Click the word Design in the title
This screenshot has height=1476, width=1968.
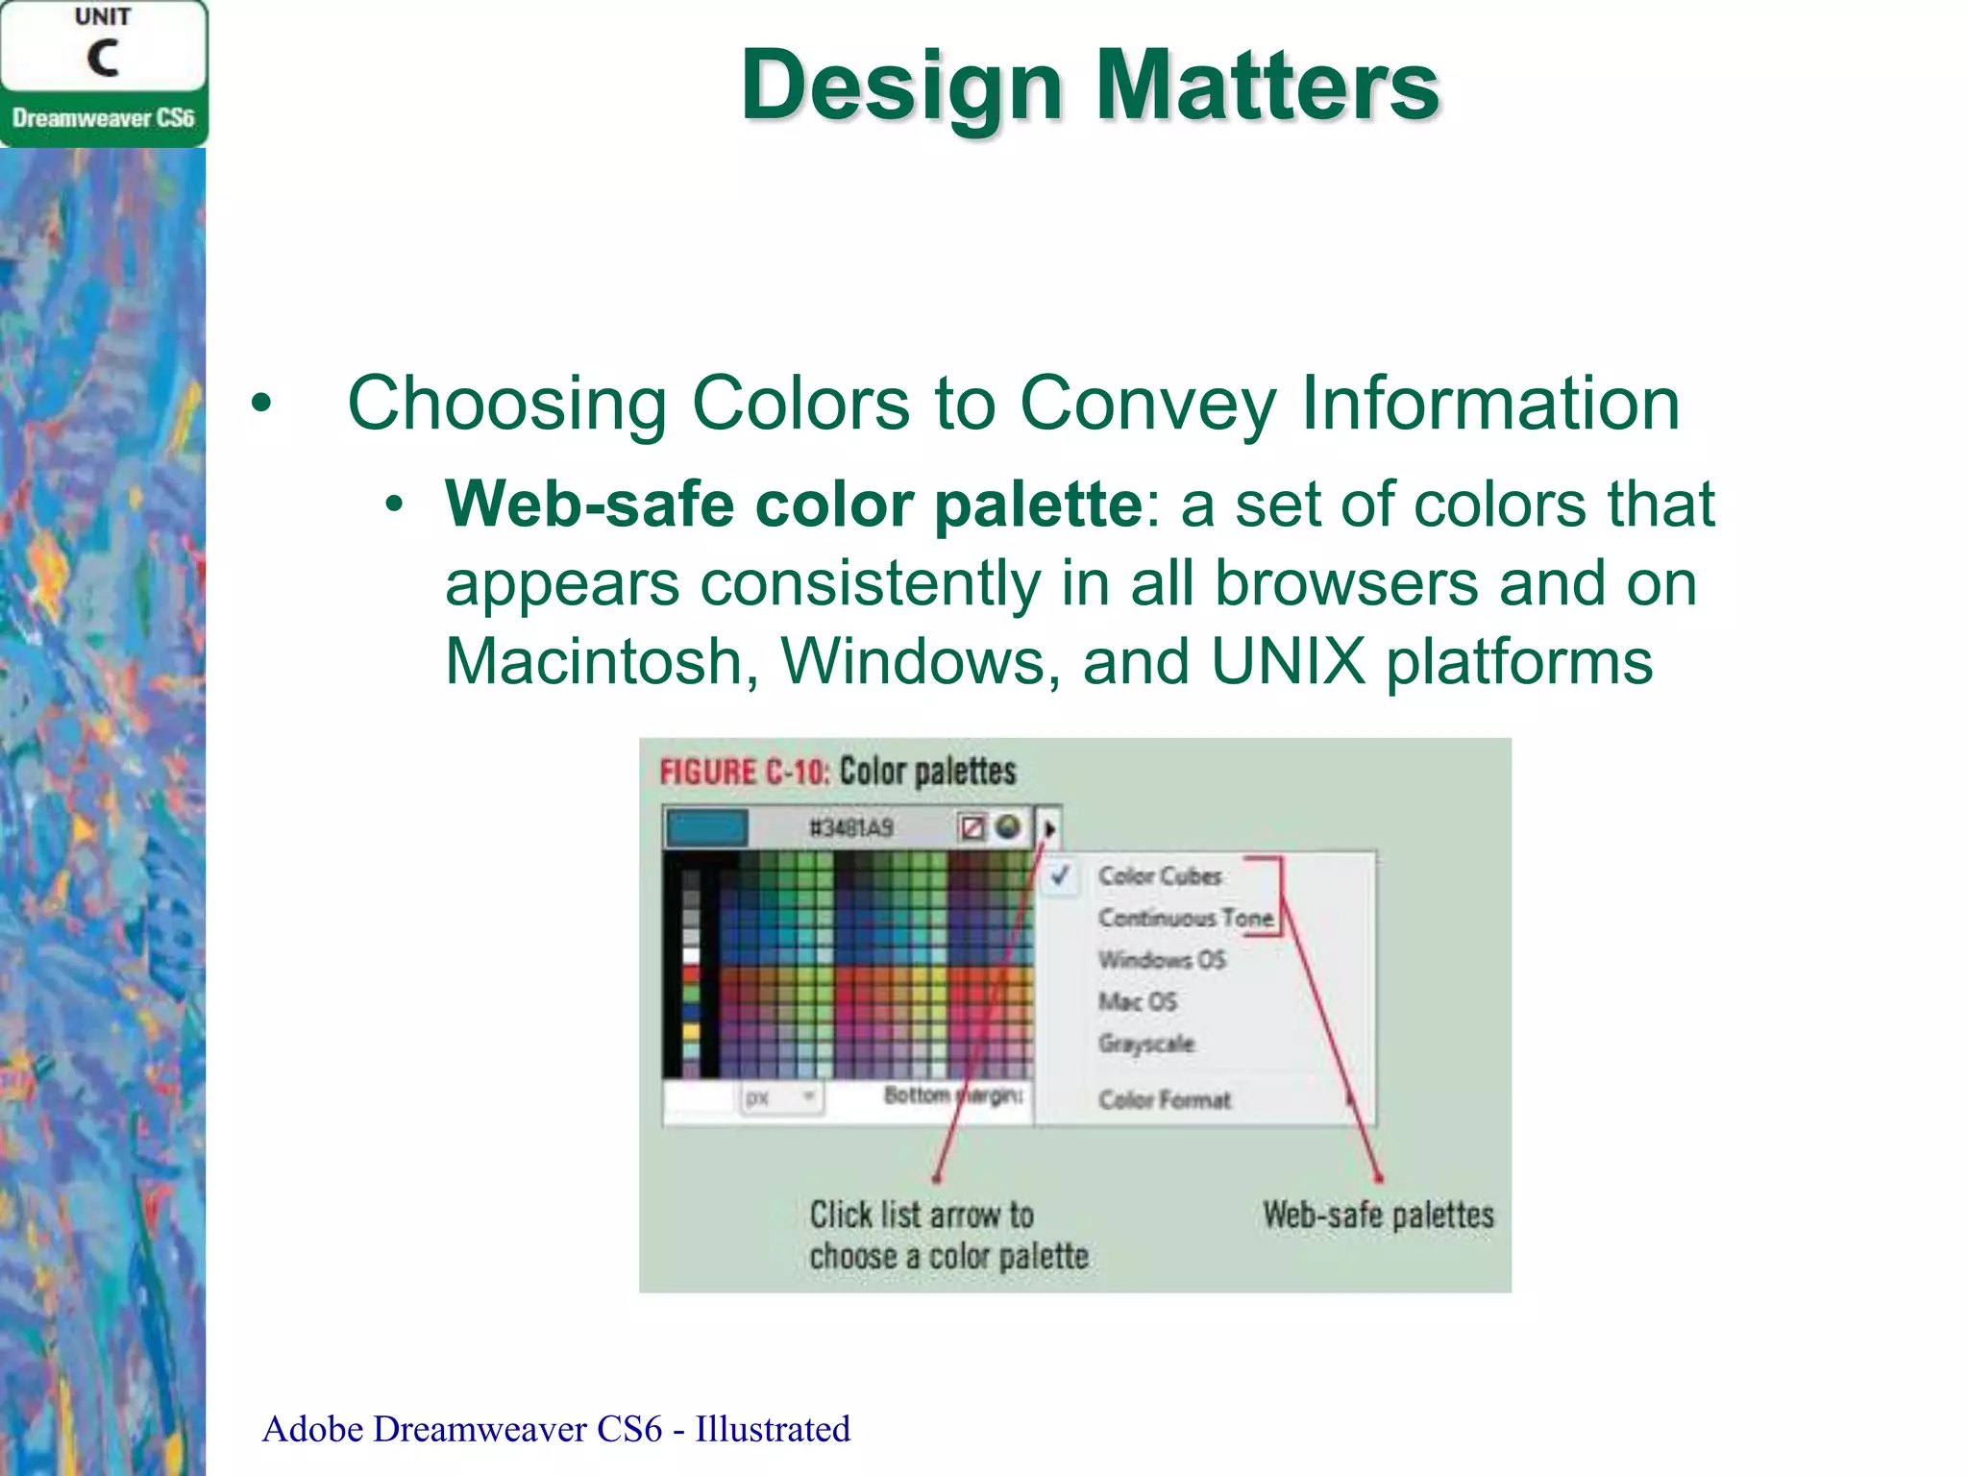pos(900,86)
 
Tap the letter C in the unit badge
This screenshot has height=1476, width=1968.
pos(103,59)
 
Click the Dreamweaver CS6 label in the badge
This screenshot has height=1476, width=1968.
pos(103,118)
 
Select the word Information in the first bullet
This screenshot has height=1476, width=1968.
pos(1489,404)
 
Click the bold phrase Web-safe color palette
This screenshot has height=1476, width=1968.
pos(794,504)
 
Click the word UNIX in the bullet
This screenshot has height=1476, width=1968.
pos(1288,662)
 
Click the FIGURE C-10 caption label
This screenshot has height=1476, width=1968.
pos(743,772)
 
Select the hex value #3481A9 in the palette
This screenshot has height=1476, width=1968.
pos(851,827)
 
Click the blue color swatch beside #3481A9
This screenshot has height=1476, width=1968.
pos(707,827)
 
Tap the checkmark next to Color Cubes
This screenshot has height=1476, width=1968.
pos(1060,875)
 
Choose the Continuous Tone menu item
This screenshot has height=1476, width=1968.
pos(1186,918)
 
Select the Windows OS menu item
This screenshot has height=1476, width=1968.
pos(1162,959)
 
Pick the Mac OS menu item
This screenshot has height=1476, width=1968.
pos(1137,1001)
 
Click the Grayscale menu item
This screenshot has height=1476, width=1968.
pos(1146,1044)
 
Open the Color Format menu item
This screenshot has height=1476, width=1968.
pos(1164,1099)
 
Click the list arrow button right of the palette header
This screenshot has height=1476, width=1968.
pos(1049,827)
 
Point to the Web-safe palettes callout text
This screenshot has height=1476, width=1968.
pos(1378,1215)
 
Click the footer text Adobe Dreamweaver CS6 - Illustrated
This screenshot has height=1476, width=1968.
pos(555,1430)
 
